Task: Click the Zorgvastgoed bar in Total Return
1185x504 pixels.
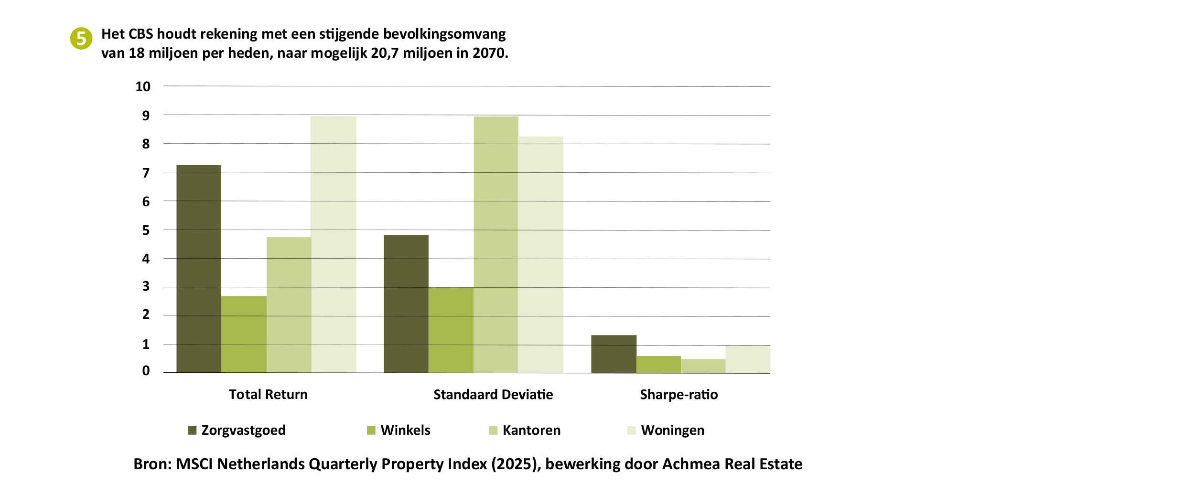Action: (199, 269)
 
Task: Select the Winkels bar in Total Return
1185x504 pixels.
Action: (244, 334)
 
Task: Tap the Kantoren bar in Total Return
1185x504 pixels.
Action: (289, 305)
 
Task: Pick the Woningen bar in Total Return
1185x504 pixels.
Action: (334, 244)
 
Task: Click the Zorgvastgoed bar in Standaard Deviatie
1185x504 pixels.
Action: (406, 304)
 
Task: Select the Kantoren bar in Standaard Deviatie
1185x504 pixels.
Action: (496, 244)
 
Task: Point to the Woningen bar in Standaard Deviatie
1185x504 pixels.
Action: (540, 254)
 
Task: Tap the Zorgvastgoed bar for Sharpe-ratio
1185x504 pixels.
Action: (614, 354)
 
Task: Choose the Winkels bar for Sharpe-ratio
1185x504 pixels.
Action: (658, 364)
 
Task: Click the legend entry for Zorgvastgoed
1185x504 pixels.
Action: (237, 430)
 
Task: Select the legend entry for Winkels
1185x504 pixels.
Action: (399, 430)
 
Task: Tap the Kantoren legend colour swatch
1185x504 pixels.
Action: (493, 430)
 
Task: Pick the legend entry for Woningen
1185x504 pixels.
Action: (666, 430)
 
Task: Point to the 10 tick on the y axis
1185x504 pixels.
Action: (143, 86)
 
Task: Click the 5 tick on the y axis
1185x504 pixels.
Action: (146, 230)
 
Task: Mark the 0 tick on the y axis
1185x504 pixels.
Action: (146, 370)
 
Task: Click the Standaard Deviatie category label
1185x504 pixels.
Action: (493, 394)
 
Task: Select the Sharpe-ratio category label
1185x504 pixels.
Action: (679, 395)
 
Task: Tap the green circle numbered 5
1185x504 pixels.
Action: (81, 38)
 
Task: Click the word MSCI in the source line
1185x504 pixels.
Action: (194, 464)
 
